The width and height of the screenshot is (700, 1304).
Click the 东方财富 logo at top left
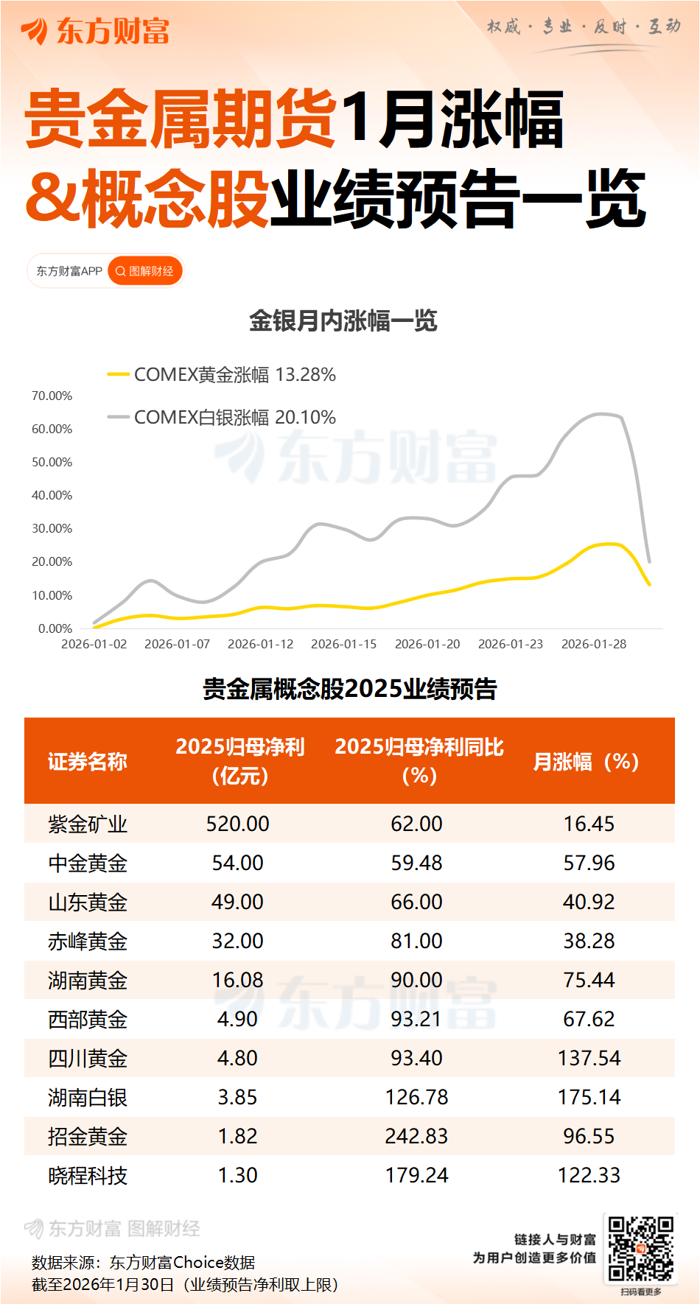coord(96,31)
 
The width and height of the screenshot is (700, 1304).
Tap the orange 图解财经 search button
coord(145,271)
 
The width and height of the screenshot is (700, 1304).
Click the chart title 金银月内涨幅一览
coord(343,321)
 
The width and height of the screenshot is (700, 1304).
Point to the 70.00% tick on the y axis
coord(52,396)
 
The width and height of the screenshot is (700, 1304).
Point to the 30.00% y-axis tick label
coord(52,528)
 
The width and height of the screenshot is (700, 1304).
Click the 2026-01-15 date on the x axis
coord(343,644)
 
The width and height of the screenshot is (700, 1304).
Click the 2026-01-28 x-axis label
coord(594,644)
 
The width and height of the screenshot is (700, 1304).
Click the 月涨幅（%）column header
coord(586,761)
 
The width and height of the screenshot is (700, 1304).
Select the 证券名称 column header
coord(88,761)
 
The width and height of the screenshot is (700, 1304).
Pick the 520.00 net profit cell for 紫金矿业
coord(237,824)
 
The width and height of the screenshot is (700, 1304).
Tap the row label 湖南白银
coord(88,1097)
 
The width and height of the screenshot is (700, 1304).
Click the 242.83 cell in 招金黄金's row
coord(416,1136)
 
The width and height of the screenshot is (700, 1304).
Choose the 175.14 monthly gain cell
coord(589,1097)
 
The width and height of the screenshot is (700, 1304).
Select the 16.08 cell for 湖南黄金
coord(237,980)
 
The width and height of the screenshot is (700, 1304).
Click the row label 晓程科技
coord(88,1175)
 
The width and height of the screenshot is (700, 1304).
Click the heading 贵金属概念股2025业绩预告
coord(350,689)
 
